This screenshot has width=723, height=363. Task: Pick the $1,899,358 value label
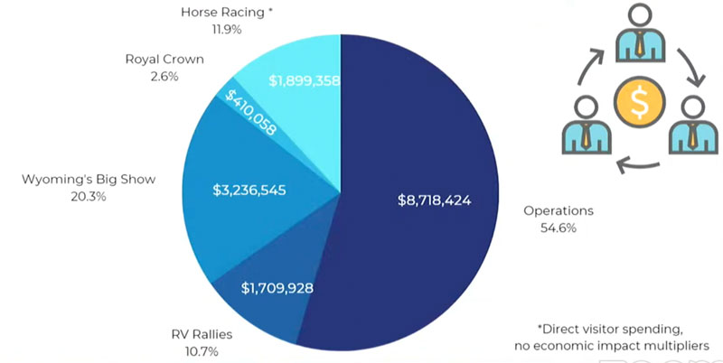[x=304, y=80]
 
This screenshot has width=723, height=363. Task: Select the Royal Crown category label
[x=164, y=60]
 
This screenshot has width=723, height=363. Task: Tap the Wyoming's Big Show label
[x=89, y=179]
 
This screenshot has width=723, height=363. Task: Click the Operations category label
[x=559, y=210]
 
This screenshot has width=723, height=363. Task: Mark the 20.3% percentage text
[x=89, y=196]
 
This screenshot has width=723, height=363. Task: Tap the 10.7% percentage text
[x=200, y=351]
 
